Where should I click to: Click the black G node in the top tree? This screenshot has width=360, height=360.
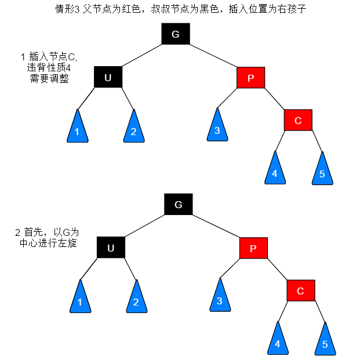tap(176, 35)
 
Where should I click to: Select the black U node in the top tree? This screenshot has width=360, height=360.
tap(108, 77)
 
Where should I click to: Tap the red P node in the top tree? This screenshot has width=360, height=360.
tap(250, 78)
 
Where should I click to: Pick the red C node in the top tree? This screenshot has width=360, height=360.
tap(298, 120)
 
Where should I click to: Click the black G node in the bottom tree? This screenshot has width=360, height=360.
tap(178, 205)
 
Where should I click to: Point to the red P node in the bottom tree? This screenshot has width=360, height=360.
tap(253, 248)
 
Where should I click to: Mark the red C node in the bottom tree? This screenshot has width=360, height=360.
tap(300, 290)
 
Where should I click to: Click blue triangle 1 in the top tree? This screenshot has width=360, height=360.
tap(77, 129)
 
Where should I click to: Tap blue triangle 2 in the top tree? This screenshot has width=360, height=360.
tap(133, 129)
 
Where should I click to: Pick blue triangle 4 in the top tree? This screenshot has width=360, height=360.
tap(275, 171)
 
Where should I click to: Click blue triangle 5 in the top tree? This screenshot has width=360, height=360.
tap(322, 171)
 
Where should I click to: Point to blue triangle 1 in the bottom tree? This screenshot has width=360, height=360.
tap(79, 299)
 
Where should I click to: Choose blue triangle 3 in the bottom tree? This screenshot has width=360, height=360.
tap(219, 298)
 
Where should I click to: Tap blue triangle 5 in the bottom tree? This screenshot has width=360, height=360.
tap(325, 341)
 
